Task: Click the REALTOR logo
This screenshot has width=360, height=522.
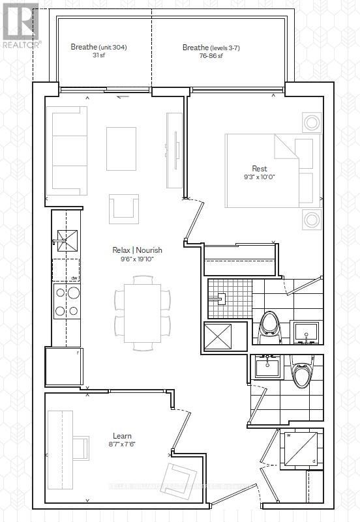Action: pyautogui.click(x=20, y=24)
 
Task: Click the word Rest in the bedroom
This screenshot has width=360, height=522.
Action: pyautogui.click(x=259, y=169)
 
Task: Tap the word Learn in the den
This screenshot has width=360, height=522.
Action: pyautogui.click(x=121, y=436)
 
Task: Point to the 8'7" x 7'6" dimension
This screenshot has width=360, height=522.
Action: pyautogui.click(x=121, y=444)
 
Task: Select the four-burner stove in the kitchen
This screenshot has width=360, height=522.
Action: pyautogui.click(x=66, y=302)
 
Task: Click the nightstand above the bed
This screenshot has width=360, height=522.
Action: pyautogui.click(x=311, y=123)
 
